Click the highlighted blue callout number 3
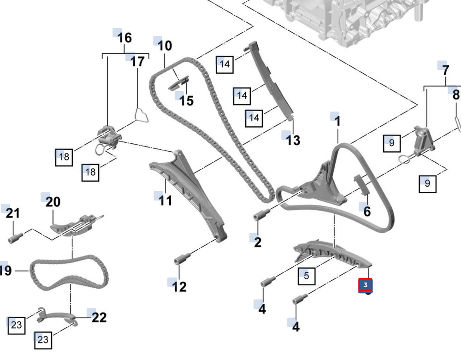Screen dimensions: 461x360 point(366,285)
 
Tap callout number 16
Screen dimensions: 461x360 point(124,38)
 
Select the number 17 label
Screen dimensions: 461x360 point(137,62)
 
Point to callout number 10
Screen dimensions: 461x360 point(165,46)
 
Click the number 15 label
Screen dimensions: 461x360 point(186,100)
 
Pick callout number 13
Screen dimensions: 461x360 point(293,140)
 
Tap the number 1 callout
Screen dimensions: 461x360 point(338,121)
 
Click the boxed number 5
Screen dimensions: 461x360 point(307,276)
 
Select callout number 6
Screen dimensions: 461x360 point(367,211)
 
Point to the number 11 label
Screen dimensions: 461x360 point(165,201)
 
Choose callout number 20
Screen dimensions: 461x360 point(53,202)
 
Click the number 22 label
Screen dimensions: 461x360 point(99,318)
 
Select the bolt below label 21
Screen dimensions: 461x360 point(16,237)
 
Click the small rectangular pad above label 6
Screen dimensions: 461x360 point(361,184)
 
